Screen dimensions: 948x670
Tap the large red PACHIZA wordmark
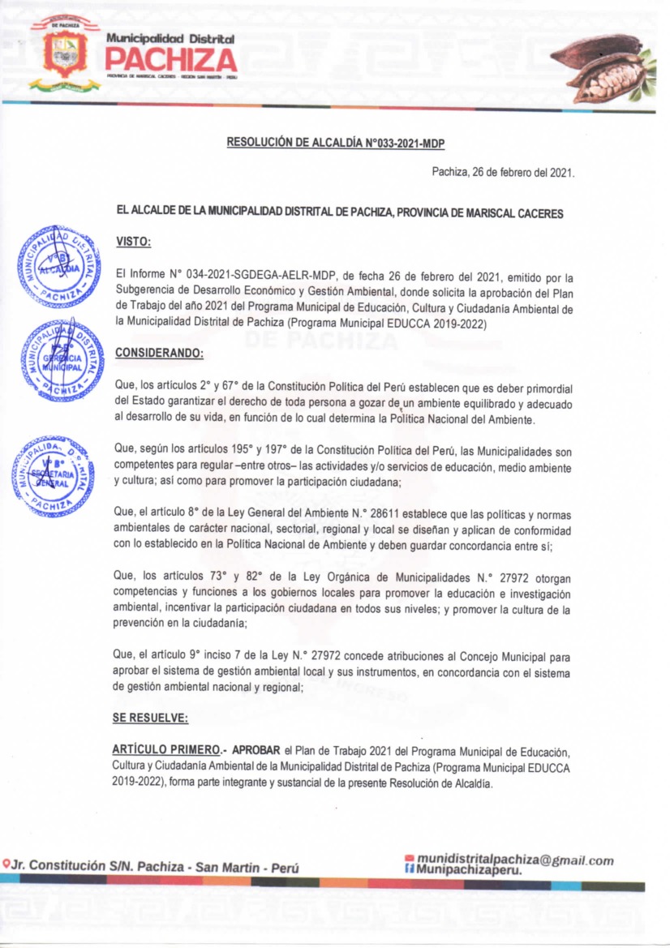point(170,59)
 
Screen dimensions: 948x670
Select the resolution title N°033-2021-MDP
point(336,143)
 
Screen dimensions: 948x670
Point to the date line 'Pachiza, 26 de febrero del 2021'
point(503,172)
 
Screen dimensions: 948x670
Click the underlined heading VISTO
point(134,241)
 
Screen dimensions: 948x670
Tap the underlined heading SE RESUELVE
point(151,718)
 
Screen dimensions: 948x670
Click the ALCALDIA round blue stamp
point(58,266)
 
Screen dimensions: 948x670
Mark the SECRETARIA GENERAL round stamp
point(54,476)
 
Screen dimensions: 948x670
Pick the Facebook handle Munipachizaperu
point(467,871)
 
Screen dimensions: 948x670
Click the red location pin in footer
point(6,865)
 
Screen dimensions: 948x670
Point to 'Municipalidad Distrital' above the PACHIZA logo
point(170,38)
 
